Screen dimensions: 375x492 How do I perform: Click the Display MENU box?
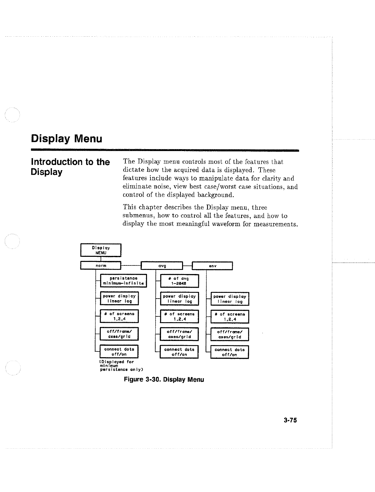tap(101, 250)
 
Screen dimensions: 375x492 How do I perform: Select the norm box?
tap(101, 265)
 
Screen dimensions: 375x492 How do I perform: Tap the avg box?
tap(162, 265)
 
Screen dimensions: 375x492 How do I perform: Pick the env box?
tap(213, 265)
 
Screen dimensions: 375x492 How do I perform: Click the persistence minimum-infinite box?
tap(123, 281)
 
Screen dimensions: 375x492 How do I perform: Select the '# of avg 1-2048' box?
tap(179, 281)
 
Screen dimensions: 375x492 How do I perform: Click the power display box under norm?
tap(119, 299)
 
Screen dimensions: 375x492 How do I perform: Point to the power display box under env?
tap(230, 299)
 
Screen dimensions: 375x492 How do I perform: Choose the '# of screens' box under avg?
tap(179, 316)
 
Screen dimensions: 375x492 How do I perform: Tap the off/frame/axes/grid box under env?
tap(230, 334)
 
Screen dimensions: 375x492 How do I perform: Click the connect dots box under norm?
tap(119, 352)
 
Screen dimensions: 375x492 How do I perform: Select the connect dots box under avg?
tap(179, 352)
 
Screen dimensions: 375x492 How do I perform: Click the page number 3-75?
tap(290, 420)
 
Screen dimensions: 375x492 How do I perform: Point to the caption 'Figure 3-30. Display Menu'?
tap(164, 380)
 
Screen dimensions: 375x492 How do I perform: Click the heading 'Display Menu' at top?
tap(67, 139)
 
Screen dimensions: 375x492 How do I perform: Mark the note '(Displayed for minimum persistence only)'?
tap(117, 366)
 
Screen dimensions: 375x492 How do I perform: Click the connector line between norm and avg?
tap(131, 265)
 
